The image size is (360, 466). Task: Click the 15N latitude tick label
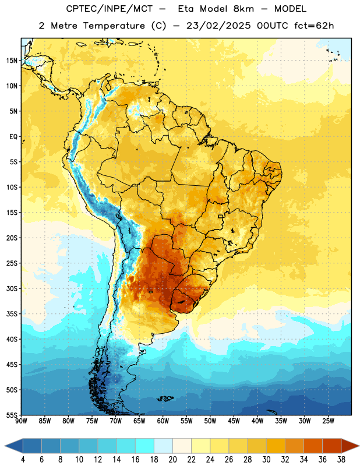click(12, 61)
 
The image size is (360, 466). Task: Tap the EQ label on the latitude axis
click(13, 137)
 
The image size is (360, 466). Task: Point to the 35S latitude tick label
click(12, 314)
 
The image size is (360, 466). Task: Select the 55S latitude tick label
click(12, 415)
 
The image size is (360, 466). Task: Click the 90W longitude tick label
click(22, 421)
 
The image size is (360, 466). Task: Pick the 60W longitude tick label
click(163, 421)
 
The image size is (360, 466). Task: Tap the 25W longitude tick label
click(328, 421)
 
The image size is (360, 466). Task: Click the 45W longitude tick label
click(234, 421)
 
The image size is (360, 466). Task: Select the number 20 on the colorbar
click(172, 460)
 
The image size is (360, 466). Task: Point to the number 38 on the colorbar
click(341, 460)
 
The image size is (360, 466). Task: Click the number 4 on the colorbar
click(23, 460)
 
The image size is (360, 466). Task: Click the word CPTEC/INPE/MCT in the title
click(109, 9)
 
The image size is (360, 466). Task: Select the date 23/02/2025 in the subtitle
click(218, 26)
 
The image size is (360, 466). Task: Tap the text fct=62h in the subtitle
click(314, 26)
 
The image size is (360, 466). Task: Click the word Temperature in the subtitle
click(114, 26)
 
